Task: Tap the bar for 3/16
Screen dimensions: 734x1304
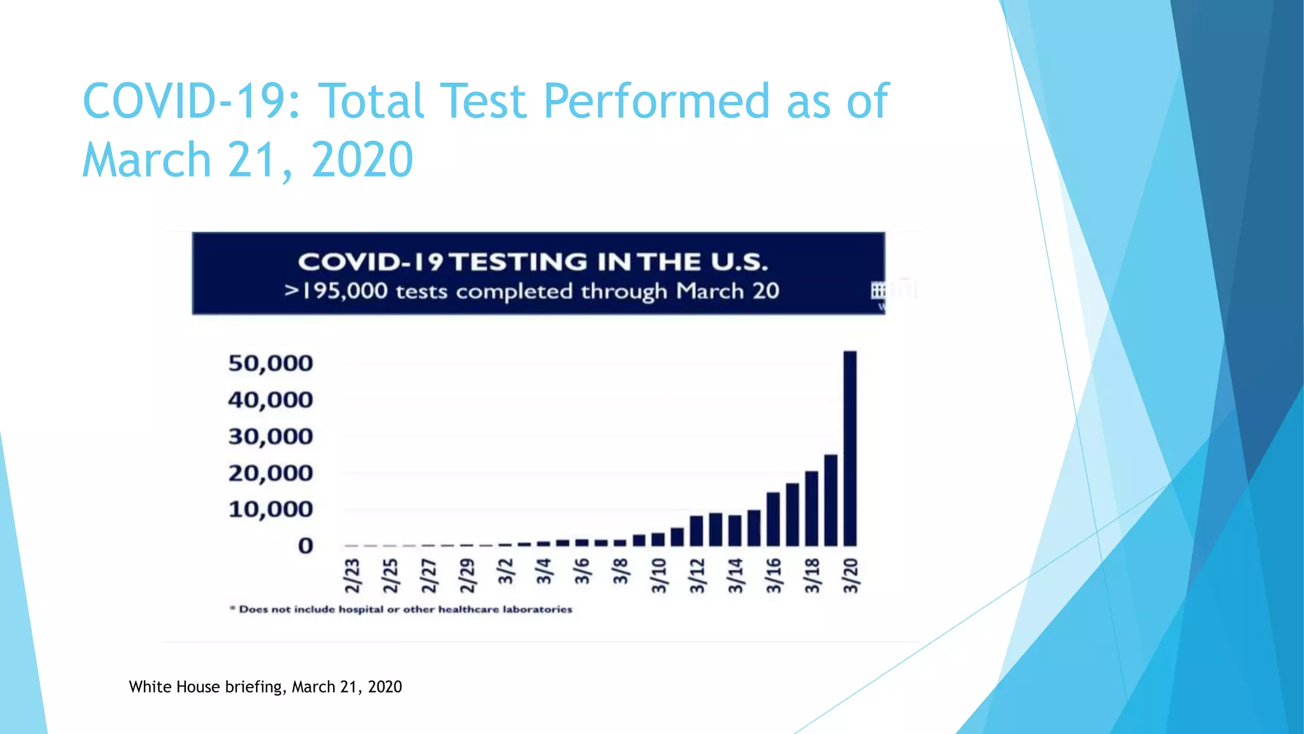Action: tap(773, 519)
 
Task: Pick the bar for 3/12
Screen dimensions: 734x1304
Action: tap(697, 531)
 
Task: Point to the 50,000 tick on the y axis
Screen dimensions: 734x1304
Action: tap(271, 363)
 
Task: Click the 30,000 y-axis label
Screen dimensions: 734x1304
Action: tap(271, 436)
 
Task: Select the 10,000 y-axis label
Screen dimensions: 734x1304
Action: tap(271, 509)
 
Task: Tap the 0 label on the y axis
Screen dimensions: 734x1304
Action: tap(306, 545)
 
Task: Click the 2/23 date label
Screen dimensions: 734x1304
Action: tap(352, 575)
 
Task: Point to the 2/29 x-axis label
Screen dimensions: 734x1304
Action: tap(467, 575)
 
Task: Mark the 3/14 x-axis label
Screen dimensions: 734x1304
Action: tap(735, 575)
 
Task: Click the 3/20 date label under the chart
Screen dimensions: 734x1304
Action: tap(851, 575)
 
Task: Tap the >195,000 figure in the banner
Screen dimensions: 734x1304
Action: tap(336, 291)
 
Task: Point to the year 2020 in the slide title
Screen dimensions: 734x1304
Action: tap(362, 159)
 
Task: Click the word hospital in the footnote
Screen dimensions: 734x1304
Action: tap(360, 609)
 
